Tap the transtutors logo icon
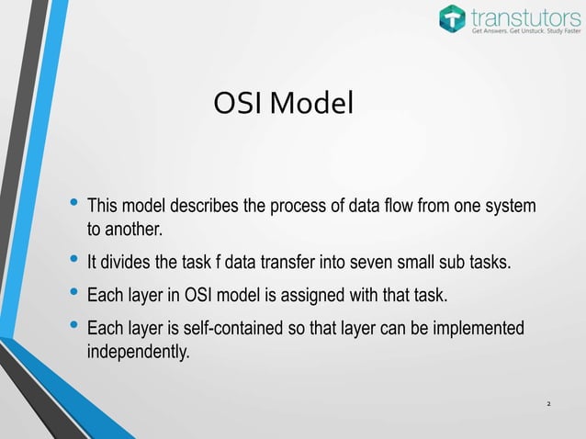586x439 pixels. pos(453,18)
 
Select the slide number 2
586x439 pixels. pos(548,404)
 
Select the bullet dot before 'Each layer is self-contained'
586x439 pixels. pos(73,328)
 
